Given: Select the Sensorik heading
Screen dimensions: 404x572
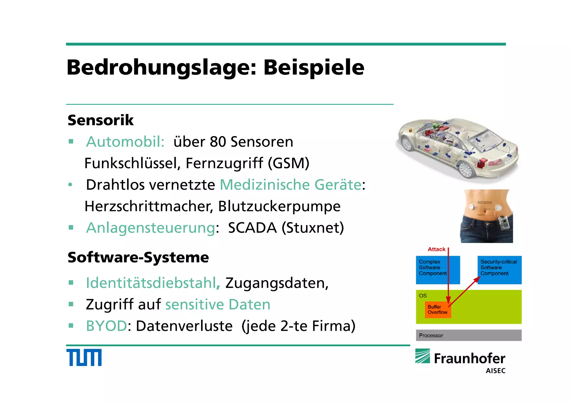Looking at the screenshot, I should click(101, 120).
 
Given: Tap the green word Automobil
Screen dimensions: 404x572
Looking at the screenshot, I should click(125, 142).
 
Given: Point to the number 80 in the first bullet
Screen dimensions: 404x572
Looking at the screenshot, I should click(218, 142).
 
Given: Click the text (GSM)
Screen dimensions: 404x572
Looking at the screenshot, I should click(289, 163).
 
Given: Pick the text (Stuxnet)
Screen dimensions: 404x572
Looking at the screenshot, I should click(313, 228).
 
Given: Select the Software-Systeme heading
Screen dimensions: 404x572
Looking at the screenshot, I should click(138, 257).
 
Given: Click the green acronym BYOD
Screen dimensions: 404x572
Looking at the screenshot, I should click(106, 326).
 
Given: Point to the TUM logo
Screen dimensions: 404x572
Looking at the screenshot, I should click(84, 357).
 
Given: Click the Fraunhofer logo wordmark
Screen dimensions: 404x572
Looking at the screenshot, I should click(469, 359).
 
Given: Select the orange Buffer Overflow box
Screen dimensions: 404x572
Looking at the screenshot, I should click(437, 309).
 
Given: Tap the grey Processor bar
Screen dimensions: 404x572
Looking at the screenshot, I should click(469, 335).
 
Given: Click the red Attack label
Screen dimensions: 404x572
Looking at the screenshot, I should click(436, 249).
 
